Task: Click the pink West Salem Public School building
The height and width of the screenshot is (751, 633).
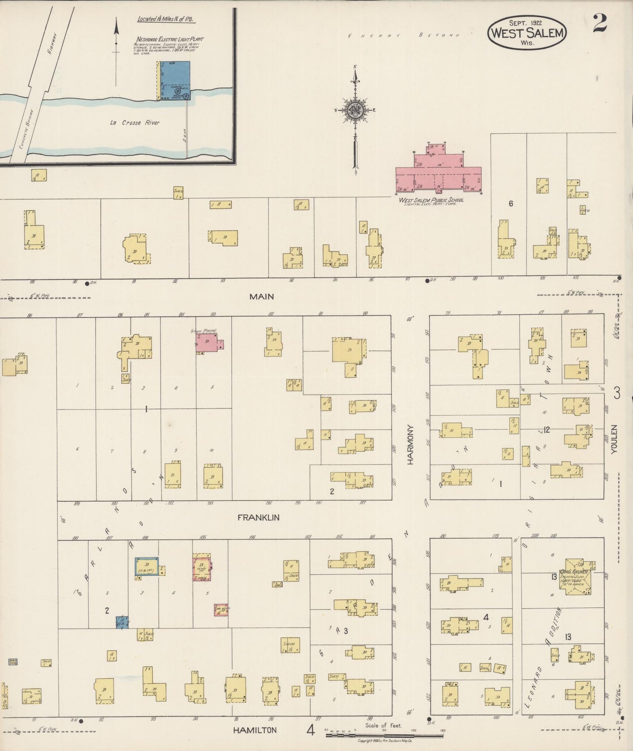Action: coord(438,171)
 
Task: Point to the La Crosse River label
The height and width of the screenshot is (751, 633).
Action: coord(134,123)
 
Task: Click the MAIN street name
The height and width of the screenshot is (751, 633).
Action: coord(262,297)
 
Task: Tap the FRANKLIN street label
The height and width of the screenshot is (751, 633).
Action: coord(258,517)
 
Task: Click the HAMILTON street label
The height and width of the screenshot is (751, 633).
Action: coord(255,730)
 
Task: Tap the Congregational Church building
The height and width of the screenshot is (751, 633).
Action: coord(576,576)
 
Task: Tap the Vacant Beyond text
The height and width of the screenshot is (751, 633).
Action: coord(403,35)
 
